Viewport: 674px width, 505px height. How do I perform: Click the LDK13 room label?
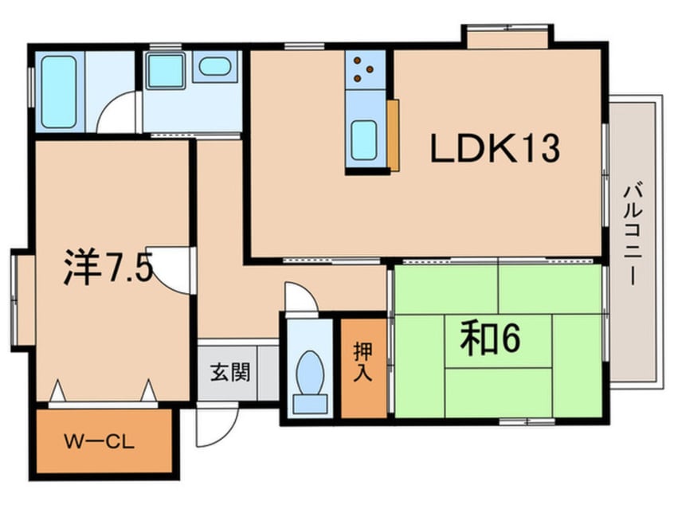tap(495, 148)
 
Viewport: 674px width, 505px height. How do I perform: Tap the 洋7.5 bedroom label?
tap(108, 268)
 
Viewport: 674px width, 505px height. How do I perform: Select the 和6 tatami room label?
tap(491, 338)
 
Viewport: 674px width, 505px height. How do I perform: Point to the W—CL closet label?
tap(100, 441)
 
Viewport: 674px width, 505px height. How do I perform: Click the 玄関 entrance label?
tap(230, 372)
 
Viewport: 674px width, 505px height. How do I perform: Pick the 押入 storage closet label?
tap(362, 362)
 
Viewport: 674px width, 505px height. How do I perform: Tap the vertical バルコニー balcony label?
tap(633, 234)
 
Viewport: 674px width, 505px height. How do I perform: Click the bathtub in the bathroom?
tap(59, 92)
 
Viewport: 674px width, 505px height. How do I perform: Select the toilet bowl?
tap(311, 373)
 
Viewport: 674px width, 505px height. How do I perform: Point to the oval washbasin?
tap(215, 67)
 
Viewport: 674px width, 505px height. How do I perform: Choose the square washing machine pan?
tap(165, 71)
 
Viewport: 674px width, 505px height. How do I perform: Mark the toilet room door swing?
tap(301, 297)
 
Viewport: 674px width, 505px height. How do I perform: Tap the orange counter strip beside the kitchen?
tap(393, 135)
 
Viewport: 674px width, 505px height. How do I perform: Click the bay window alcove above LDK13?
tap(507, 36)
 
